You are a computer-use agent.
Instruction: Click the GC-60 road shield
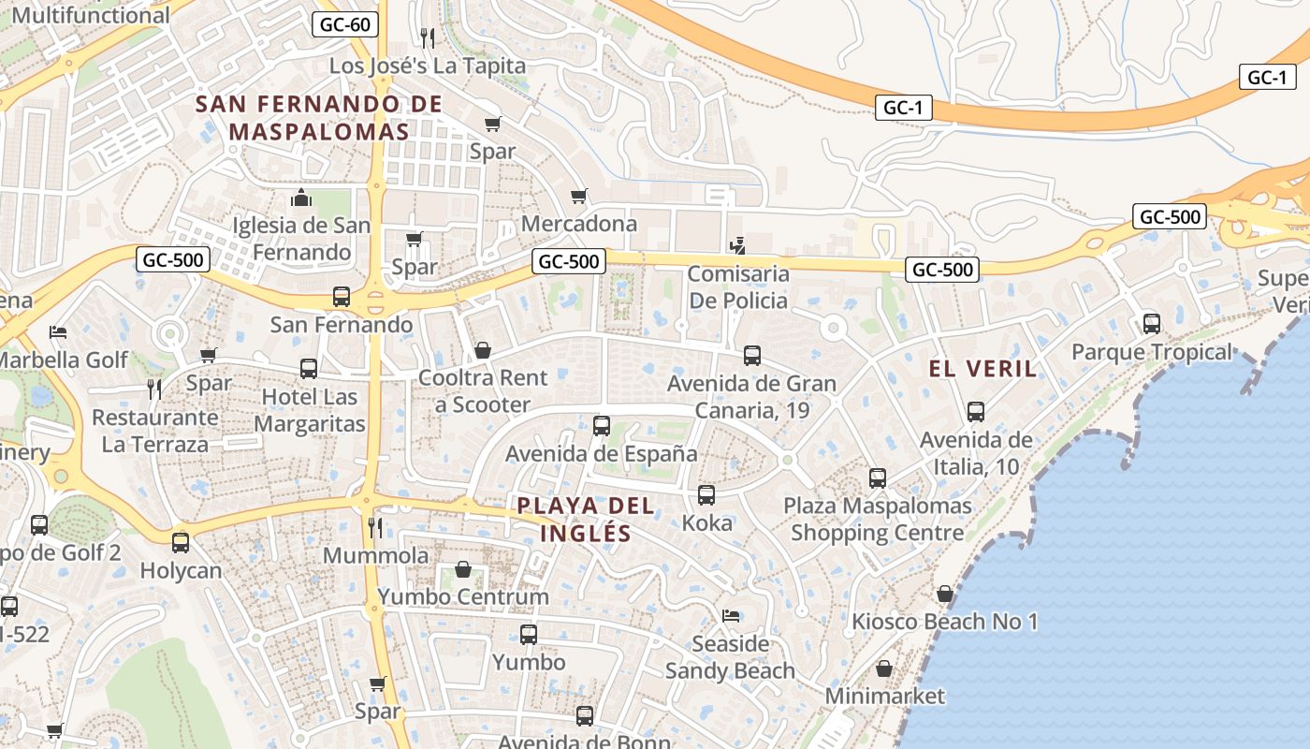coord(345,24)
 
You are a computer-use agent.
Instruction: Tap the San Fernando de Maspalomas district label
coord(319,117)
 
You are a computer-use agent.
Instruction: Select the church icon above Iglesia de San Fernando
coord(301,198)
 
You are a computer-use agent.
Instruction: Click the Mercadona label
coord(579,224)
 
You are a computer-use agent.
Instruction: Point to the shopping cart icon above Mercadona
coord(579,196)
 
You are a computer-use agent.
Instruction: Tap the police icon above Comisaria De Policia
coord(737,246)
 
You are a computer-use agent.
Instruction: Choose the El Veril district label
coord(982,369)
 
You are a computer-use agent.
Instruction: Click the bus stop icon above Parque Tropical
coord(1151,324)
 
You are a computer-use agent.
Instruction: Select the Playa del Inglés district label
coord(585,520)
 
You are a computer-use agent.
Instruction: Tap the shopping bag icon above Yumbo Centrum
coord(462,569)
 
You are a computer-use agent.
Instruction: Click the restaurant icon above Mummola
coord(375,527)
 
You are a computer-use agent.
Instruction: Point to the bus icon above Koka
coord(706,495)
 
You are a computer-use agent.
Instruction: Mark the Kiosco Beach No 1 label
coord(944,622)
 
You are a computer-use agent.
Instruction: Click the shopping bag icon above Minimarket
coord(883,668)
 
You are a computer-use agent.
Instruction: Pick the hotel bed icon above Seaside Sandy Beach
coord(730,616)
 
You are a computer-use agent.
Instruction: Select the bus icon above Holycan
coord(181,542)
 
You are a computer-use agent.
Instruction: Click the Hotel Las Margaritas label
coord(310,410)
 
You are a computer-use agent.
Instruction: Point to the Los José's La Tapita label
coord(428,66)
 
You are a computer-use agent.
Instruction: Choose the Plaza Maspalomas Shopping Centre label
coord(877,520)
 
